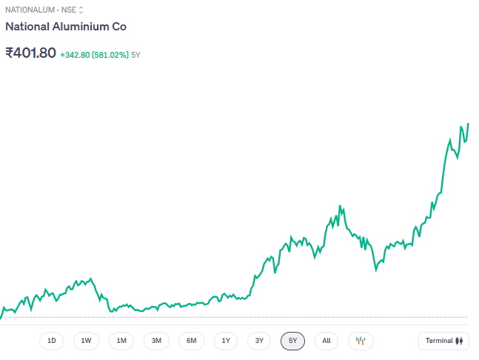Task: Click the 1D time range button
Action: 52,341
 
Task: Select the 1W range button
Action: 87,341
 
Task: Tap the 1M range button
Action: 121,341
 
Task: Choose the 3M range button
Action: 156,341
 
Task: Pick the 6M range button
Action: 191,341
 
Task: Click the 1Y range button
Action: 226,341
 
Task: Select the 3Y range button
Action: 259,341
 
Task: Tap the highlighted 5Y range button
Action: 292,341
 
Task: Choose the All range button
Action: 326,341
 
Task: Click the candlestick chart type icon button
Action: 361,341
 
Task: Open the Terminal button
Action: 443,341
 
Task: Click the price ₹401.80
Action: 30,53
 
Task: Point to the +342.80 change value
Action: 75,55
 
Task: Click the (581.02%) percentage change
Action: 110,55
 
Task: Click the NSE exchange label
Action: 68,10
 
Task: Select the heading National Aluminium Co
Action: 66,27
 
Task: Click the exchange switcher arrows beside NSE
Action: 81,10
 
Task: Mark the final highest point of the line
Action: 468,124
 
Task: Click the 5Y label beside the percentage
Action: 135,55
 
